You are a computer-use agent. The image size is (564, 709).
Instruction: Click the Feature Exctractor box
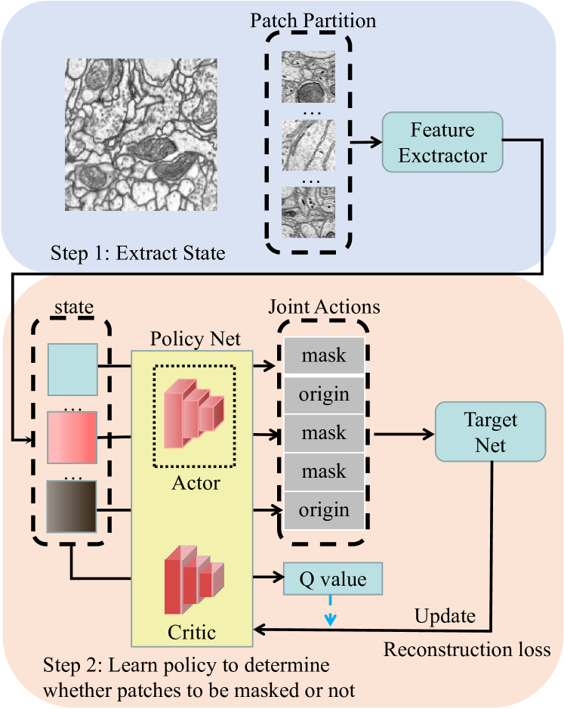pyautogui.click(x=442, y=144)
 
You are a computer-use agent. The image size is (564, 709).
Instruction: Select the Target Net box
pyautogui.click(x=489, y=430)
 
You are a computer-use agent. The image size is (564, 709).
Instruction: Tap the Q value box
pyautogui.click(x=333, y=581)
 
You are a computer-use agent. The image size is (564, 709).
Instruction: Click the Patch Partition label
pyautogui.click(x=313, y=20)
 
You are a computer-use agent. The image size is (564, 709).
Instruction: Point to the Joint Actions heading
pyautogui.click(x=325, y=308)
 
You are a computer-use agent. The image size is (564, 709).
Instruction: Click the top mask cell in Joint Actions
pyautogui.click(x=324, y=354)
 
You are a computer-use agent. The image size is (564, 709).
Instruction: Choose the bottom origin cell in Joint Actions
pyautogui.click(x=324, y=509)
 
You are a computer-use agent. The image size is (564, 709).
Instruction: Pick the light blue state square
pyautogui.click(x=72, y=370)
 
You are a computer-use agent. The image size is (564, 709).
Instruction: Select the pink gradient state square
pyautogui.click(x=72, y=438)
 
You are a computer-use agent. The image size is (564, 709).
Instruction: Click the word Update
pyautogui.click(x=445, y=616)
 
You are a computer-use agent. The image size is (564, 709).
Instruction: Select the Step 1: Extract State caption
pyautogui.click(x=138, y=252)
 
